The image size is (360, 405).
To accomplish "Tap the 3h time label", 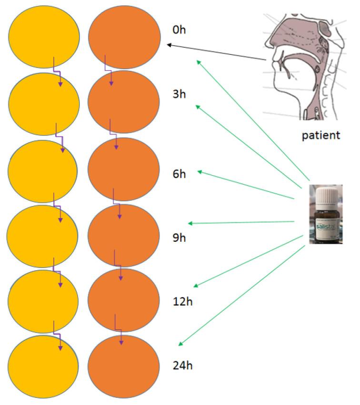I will (179, 93).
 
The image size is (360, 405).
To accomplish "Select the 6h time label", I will (179, 174).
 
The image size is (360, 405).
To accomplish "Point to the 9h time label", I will (179, 237).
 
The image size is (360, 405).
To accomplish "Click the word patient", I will (321, 135).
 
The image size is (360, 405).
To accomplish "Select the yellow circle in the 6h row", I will (43, 170).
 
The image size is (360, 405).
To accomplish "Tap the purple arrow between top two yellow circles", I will (57, 71).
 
